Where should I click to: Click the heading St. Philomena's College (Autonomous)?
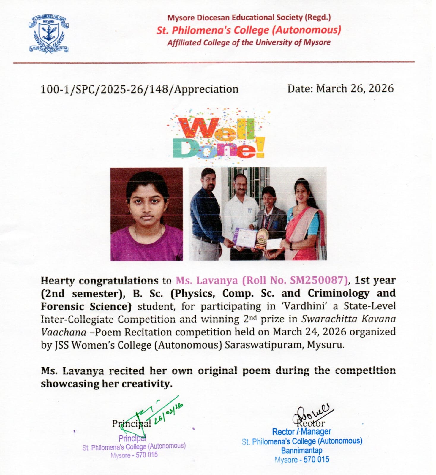click(249, 30)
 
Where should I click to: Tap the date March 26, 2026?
click(355, 88)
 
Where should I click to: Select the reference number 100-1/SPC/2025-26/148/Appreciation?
click(139, 89)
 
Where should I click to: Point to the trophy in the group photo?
click(262, 238)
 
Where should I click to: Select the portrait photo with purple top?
click(147, 214)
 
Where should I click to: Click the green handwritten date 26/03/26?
click(169, 413)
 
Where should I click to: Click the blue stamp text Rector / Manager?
click(301, 432)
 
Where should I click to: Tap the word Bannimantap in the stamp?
click(301, 450)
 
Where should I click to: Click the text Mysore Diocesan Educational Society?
click(235, 18)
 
